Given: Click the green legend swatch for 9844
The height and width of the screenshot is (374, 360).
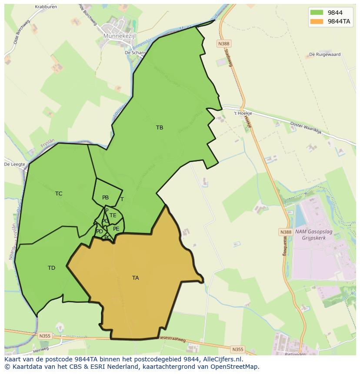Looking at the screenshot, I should (x=317, y=13).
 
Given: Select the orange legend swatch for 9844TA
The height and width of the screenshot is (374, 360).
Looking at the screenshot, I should (x=317, y=21).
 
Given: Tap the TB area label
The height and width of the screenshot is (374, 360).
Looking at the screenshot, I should (x=160, y=128).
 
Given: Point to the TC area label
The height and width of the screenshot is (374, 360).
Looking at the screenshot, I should (x=59, y=194).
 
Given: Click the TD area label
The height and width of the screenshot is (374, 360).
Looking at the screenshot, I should (x=52, y=268).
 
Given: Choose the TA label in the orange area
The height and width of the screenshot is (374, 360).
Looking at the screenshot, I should (x=136, y=278).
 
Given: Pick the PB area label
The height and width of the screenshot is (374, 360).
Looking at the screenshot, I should (x=105, y=198).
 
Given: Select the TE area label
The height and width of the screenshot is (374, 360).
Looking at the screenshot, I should (x=113, y=215).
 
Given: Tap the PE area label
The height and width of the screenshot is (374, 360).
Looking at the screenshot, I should (x=116, y=229).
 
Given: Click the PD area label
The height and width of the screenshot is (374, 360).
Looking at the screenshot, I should (x=100, y=232).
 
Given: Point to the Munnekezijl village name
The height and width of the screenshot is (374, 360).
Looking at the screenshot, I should (x=120, y=36).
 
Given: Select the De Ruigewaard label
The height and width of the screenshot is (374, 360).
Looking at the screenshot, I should (x=324, y=55).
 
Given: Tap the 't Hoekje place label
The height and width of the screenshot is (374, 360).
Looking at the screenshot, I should (x=243, y=113).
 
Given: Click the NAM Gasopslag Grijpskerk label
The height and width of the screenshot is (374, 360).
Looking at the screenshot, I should (x=313, y=235).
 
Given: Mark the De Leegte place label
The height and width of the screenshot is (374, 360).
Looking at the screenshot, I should (x=14, y=165).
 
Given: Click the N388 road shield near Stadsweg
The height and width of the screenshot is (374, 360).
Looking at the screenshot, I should (x=224, y=43).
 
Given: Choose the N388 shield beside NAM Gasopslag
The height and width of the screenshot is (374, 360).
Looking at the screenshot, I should (x=286, y=232).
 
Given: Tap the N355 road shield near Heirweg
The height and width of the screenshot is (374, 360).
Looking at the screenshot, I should (x=44, y=336).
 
